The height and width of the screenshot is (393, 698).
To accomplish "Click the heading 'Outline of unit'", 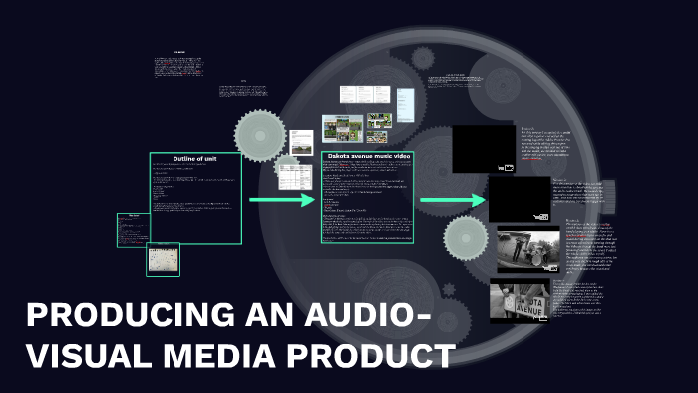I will coord(195,159).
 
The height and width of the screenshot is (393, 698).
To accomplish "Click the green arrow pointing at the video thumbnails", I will coord(452,200).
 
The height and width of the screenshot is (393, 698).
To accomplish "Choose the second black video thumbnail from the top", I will coord(520,199).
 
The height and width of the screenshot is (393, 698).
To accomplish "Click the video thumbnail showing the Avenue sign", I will coord(519,302).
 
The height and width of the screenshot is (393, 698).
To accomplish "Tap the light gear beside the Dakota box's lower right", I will coord(464,239).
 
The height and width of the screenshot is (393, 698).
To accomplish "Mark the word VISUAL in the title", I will coord(88,355).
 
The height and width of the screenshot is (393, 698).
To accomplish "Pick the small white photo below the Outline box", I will coord(164,259).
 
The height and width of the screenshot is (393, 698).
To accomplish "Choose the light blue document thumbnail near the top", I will coord(407,101).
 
